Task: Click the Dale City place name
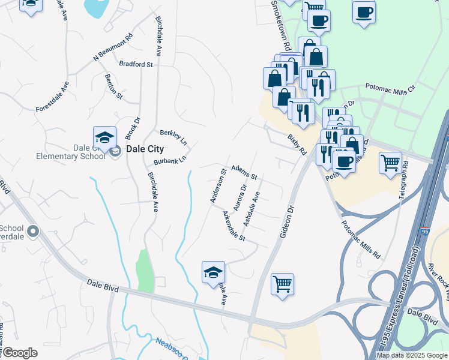coord(144,149)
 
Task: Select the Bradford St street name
coord(136,64)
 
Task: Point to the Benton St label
coord(113,86)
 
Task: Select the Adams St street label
coord(244,173)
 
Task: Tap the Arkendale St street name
coord(234,226)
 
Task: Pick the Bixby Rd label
coord(297,145)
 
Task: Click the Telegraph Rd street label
coord(406,180)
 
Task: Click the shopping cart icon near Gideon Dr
coord(282,283)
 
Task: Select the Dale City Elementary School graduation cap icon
coord(104,137)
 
